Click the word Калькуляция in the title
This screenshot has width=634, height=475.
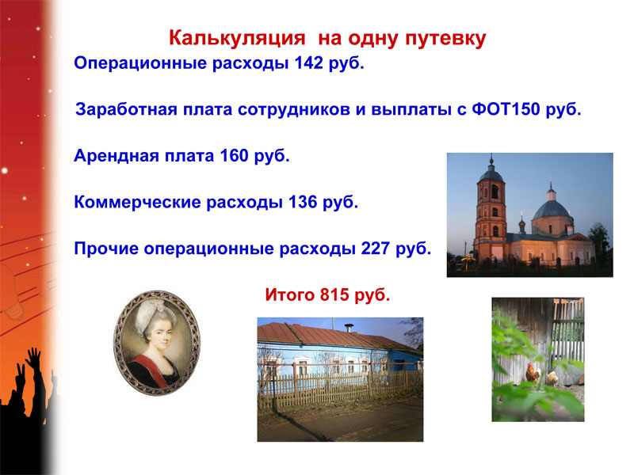pos(237,39)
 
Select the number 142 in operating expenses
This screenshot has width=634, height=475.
pos(308,63)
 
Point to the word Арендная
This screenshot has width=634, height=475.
pos(116,156)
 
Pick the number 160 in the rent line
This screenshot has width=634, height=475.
pos(234,155)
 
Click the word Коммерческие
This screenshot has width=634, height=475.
pos(137,203)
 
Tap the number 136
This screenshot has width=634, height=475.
pos(303,202)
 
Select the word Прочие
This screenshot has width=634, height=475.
pos(106,249)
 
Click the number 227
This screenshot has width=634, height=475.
pos(375,249)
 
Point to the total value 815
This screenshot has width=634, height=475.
pos(334,294)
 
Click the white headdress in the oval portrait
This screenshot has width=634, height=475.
pos(154,316)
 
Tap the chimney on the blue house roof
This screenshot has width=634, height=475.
pos(349,327)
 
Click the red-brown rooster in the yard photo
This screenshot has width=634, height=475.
pos(532,374)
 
